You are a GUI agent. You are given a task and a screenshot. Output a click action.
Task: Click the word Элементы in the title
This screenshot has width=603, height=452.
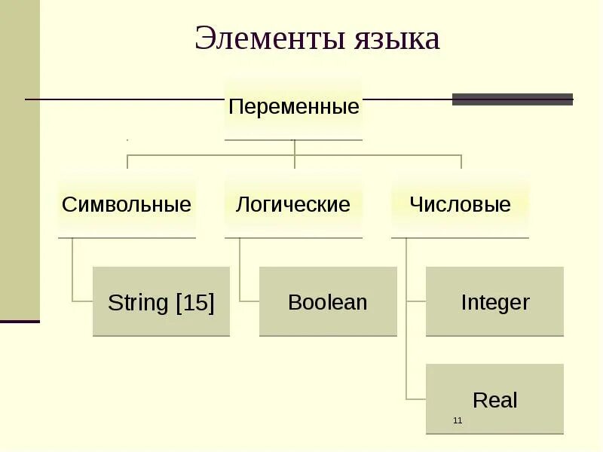point(268,39)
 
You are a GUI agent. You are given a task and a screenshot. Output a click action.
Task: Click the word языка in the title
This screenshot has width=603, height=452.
point(396,39)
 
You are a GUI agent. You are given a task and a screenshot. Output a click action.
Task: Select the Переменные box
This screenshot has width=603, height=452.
point(293,107)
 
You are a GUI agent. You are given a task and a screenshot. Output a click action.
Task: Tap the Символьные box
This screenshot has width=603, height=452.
point(127,204)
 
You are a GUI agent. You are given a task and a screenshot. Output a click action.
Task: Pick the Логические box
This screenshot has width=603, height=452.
point(293,204)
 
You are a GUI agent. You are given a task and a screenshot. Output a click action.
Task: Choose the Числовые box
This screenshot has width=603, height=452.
point(460,204)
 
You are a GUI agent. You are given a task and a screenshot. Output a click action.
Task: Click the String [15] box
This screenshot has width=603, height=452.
point(161,301)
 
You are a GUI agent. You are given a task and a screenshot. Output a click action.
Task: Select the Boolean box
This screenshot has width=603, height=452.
point(328,301)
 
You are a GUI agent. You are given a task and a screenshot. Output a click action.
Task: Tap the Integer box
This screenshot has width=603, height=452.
point(494,301)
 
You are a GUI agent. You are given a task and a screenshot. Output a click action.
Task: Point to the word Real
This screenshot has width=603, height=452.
point(494,399)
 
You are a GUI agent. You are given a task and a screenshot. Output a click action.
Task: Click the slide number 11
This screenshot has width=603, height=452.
point(458,420)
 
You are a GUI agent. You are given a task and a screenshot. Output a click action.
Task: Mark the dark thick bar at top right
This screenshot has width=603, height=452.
point(512,99)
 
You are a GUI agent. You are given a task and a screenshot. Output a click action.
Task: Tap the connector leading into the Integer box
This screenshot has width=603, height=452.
point(416,301)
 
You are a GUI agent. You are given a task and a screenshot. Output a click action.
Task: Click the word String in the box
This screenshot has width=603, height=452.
point(138,303)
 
